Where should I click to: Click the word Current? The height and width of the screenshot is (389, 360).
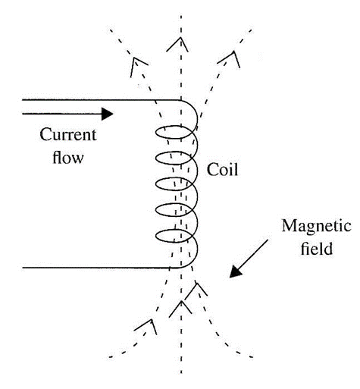pos(67,136)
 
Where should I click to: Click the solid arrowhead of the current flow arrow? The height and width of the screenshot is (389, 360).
pos(106,114)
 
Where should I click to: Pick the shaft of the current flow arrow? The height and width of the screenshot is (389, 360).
pos(61,114)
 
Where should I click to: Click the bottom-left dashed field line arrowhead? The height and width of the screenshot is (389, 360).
pos(146,328)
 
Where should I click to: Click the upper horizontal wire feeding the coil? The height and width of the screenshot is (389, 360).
pos(91,100)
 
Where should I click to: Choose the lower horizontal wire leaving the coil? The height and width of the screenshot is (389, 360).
pos(91,268)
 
